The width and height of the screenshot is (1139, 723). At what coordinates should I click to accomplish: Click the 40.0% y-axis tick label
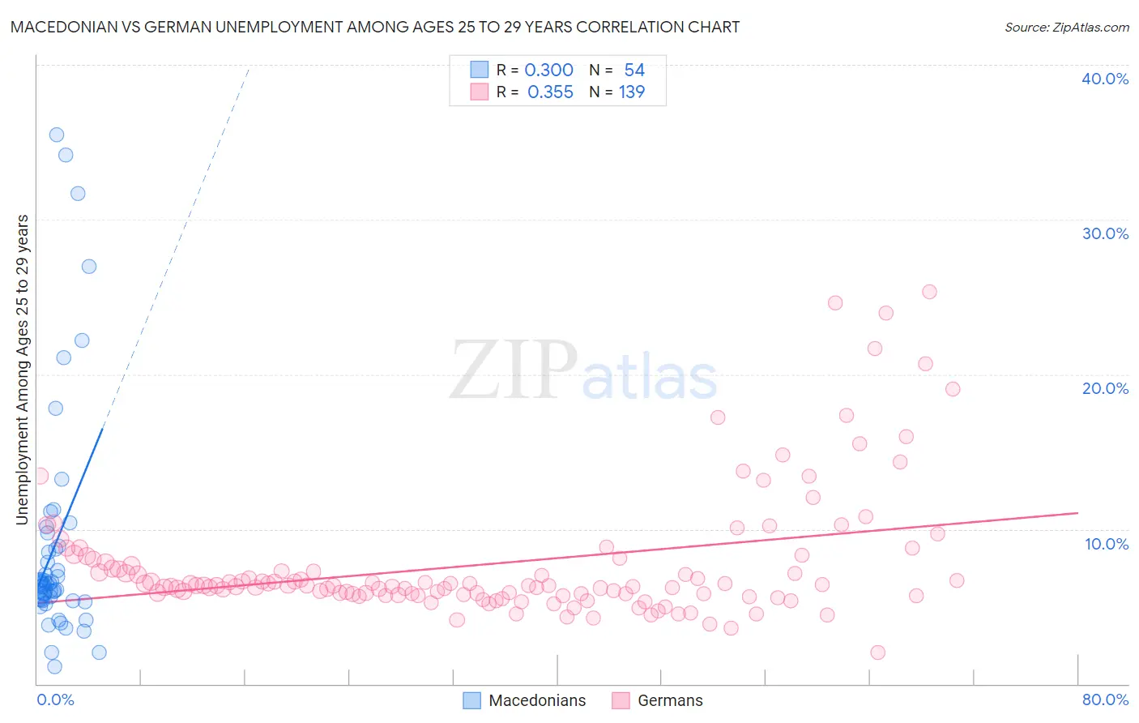[1105, 79]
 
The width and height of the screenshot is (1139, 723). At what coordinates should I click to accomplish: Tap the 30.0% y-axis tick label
[1105, 233]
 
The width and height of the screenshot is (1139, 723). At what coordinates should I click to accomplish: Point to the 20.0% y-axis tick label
[1105, 388]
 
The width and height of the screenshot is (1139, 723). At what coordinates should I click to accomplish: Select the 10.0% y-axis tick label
[1107, 544]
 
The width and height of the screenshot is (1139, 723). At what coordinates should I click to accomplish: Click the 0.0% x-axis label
[55, 699]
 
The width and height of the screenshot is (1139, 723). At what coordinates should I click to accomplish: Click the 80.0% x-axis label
[1105, 699]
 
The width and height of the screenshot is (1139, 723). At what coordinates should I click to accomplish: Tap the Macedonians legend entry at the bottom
[536, 700]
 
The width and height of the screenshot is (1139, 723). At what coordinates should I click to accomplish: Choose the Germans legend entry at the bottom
[669, 700]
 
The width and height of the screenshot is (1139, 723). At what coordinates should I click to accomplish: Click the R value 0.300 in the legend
[548, 71]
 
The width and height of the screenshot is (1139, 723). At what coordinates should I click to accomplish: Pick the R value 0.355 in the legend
[550, 92]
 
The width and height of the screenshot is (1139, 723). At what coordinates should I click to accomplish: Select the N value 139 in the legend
[632, 92]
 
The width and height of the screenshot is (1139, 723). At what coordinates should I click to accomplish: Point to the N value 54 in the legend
[634, 71]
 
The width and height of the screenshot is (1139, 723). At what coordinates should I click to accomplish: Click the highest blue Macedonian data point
[57, 135]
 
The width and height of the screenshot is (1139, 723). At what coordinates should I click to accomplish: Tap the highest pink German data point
[929, 292]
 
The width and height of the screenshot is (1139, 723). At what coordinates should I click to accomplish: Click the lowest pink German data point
[877, 652]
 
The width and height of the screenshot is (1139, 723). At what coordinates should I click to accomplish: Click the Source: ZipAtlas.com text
[1066, 27]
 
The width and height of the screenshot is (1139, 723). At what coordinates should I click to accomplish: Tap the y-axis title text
[22, 369]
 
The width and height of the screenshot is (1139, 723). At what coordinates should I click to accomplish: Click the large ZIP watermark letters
[513, 370]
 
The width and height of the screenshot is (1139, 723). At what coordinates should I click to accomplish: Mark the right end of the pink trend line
[1077, 513]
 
